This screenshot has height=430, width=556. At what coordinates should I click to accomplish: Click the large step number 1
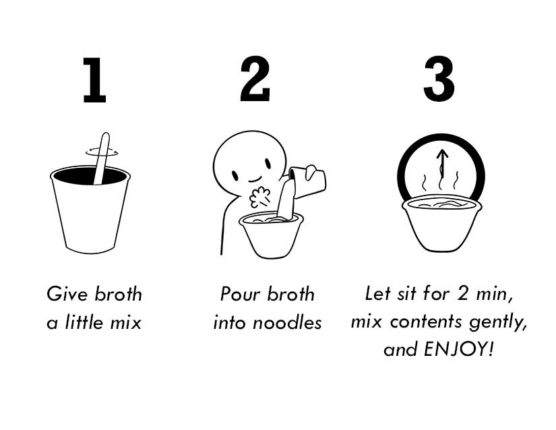coord(94,80)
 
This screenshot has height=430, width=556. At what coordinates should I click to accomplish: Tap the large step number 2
coord(255,79)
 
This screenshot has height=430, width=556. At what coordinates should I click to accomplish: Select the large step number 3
coord(439,79)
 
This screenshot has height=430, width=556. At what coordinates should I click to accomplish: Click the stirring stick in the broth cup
coord(102,158)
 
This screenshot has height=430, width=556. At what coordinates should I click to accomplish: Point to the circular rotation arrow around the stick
coord(102,154)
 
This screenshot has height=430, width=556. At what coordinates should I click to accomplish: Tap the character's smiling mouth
coord(255,179)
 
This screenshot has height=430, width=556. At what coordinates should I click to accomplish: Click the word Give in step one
coord(67,295)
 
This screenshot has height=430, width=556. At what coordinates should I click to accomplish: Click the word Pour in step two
coord(240,295)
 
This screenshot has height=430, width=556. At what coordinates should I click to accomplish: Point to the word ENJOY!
coord(458,349)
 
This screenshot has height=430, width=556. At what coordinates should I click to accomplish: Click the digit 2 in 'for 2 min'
coord(462,294)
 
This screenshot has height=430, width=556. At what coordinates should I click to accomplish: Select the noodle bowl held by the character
coord(272,235)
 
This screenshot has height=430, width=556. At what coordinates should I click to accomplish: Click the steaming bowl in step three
coord(442,224)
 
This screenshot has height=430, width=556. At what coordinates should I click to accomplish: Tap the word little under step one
coord(84,322)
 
